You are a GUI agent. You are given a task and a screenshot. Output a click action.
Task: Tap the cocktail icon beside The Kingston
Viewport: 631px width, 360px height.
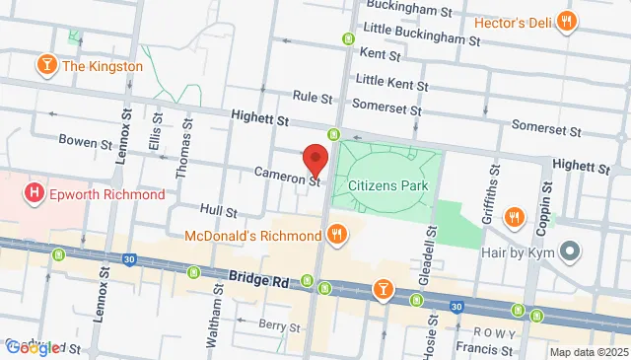pyautogui.click(x=45, y=66)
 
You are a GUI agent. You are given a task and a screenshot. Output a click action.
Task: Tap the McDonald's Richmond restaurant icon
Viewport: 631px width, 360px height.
pyautogui.click(x=337, y=236)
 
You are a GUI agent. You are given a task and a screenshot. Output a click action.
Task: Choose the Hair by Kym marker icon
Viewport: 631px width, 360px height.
pyautogui.click(x=569, y=252)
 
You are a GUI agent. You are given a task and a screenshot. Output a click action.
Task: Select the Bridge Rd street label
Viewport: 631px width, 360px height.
pyautogui.click(x=259, y=280)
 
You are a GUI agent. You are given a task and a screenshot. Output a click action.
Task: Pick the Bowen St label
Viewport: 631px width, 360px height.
pyautogui.click(x=85, y=142)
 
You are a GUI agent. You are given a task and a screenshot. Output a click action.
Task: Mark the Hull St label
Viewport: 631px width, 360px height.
pyautogui.click(x=218, y=211)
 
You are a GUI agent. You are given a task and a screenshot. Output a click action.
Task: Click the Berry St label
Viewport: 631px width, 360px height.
pyautogui.click(x=279, y=324)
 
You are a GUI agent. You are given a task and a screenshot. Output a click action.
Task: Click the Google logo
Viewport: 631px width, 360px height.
pyautogui.click(x=33, y=347)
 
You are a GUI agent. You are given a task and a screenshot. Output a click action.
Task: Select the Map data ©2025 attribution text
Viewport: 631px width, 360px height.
pyautogui.click(x=588, y=352)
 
